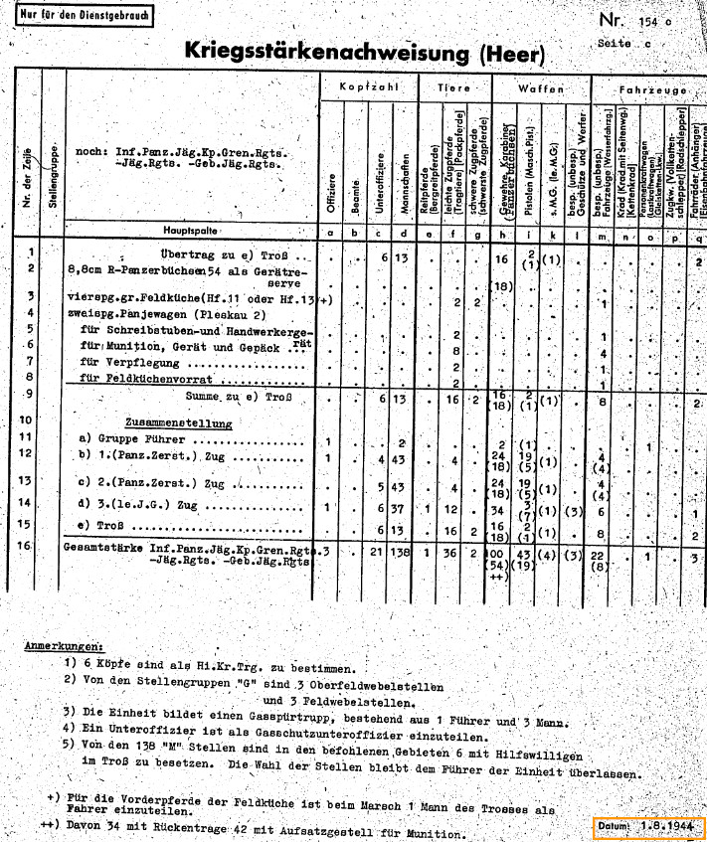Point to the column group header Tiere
(453, 90)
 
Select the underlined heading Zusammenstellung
(178, 422)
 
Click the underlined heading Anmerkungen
(64, 646)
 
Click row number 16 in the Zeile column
(31, 547)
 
